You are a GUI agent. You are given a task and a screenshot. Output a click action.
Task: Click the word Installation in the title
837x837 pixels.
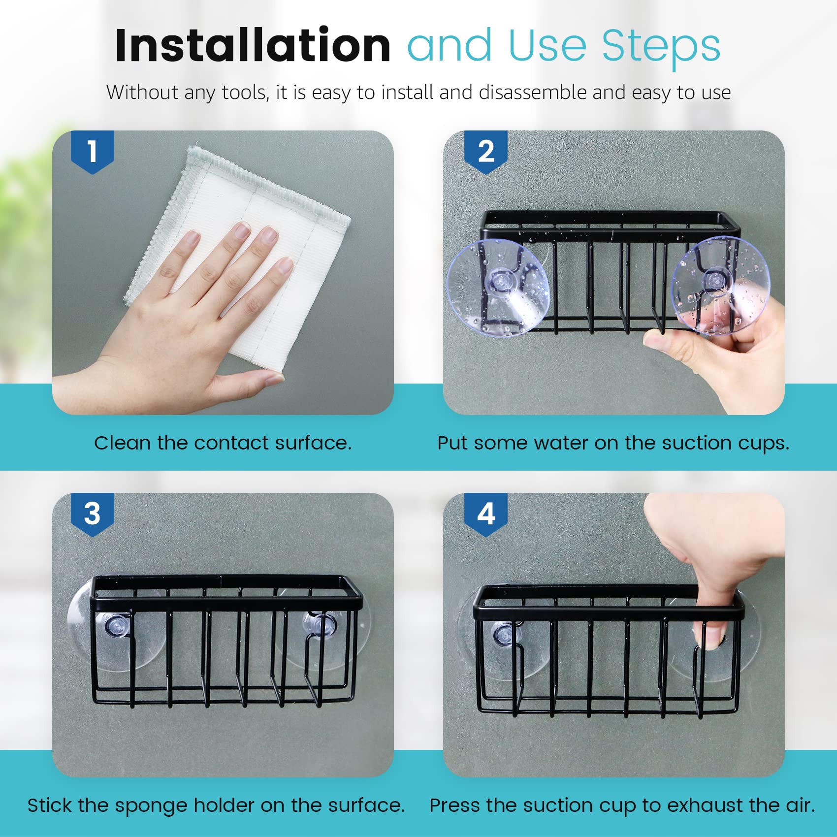click(x=253, y=45)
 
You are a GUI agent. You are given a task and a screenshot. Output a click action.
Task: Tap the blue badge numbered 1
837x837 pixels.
click(x=93, y=152)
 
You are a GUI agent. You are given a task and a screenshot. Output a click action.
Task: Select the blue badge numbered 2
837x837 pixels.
click(x=486, y=152)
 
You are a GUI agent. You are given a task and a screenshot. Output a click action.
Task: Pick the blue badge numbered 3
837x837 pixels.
click(x=93, y=514)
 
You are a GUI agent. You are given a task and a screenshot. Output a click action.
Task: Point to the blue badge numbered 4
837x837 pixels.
click(x=486, y=514)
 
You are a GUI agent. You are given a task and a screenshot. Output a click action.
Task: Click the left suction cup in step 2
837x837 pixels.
click(x=498, y=288)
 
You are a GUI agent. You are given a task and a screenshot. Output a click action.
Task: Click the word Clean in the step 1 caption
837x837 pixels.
click(x=123, y=443)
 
